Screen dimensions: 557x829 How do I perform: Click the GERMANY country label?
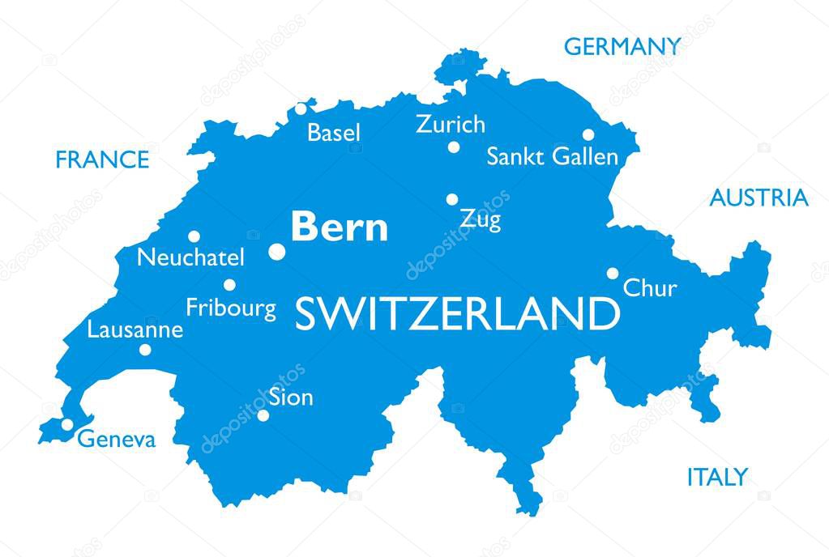click(x=622, y=46)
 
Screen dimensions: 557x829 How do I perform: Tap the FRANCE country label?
click(x=102, y=159)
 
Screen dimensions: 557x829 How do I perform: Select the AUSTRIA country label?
click(x=758, y=198)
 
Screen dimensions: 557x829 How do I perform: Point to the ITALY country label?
click(x=716, y=477)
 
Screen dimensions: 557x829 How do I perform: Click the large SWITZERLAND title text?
click(x=456, y=314)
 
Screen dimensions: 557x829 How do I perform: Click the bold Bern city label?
click(x=340, y=227)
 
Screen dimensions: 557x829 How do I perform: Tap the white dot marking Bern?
click(x=277, y=252)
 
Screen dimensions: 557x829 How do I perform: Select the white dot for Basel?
click(x=301, y=108)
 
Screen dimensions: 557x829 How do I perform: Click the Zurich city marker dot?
click(x=454, y=147)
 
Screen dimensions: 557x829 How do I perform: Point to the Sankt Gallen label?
click(x=551, y=156)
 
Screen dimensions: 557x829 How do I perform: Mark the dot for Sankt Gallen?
click(x=588, y=134)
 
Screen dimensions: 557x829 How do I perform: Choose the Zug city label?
click(x=480, y=219)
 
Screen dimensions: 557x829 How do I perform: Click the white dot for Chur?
click(x=613, y=274)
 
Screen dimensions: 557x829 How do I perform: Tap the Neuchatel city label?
click(x=190, y=258)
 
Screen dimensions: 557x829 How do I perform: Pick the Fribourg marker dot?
click(x=229, y=285)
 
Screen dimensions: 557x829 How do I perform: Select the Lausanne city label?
click(x=135, y=330)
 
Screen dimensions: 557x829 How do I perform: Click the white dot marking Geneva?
click(x=67, y=424)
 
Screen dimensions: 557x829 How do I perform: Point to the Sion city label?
click(x=291, y=398)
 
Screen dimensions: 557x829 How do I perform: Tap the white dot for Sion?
click(x=263, y=415)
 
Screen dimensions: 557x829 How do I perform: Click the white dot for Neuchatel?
click(x=194, y=236)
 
